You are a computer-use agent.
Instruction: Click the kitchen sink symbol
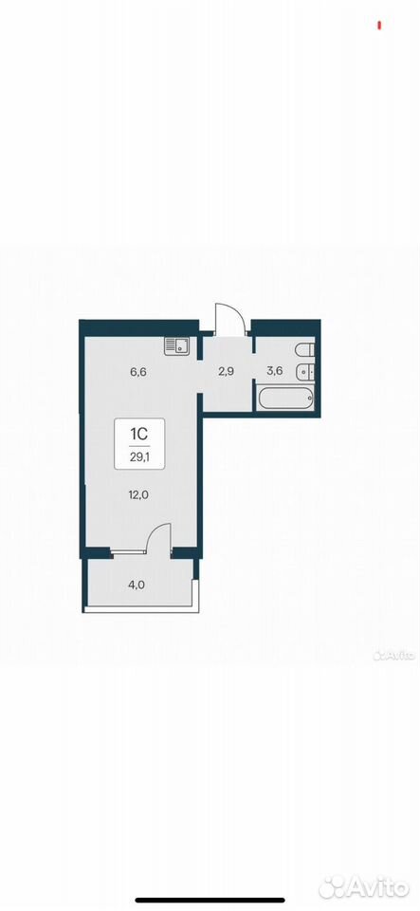178,346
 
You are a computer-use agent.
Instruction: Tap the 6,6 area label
138,372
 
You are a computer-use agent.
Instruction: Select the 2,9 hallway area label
226,372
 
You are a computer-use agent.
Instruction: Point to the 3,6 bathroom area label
274,371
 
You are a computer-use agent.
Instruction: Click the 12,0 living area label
138,495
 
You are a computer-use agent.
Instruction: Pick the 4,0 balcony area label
137,585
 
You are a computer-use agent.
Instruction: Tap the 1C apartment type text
139,433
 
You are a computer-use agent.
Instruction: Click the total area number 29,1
139,457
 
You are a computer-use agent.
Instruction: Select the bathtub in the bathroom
286,399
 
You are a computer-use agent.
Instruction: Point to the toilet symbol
305,349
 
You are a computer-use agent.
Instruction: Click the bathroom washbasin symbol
305,371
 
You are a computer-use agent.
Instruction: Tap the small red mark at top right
379,25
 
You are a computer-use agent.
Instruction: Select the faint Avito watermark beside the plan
394,656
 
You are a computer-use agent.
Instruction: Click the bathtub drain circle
310,399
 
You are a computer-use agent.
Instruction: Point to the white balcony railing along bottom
141,609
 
